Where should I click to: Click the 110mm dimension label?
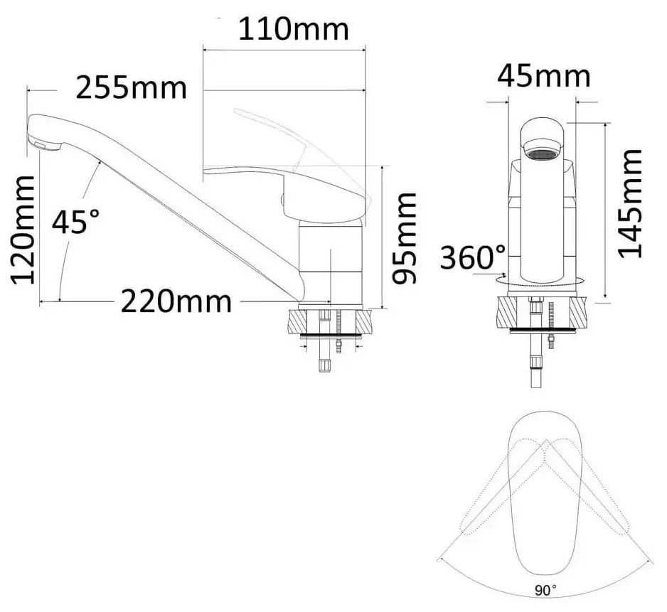coord(293,30)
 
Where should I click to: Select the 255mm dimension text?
coord(132,89)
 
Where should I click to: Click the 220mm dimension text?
coord(175,302)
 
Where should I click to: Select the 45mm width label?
coord(544,75)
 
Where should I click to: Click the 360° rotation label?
coord(473,257)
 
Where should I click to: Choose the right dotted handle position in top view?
coord(590,490)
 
